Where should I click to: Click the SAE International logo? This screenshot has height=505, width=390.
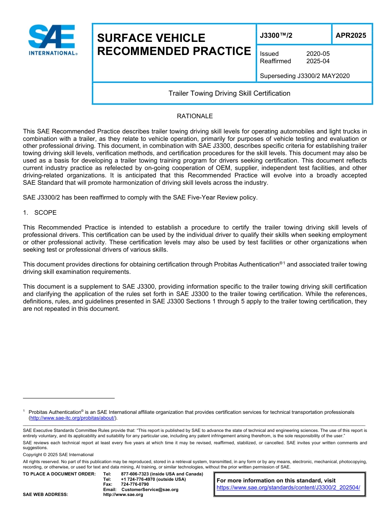click(52, 40)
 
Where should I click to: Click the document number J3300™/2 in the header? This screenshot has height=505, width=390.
click(276, 35)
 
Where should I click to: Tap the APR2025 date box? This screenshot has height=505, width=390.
click(351, 35)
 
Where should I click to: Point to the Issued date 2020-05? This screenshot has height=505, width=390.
click(318, 54)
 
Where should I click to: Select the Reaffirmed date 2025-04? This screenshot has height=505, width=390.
click(318, 61)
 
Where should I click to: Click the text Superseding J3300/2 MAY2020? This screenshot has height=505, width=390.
click(305, 76)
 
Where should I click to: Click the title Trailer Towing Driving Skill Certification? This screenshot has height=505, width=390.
click(229, 93)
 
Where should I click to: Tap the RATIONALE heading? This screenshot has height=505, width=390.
click(195, 116)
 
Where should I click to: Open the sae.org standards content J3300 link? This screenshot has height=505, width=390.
click(288, 487)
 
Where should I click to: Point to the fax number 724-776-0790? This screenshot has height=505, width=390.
click(135, 484)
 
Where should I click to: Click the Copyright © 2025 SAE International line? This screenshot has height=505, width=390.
click(58, 454)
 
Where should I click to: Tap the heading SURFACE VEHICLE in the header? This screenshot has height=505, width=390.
click(151, 38)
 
